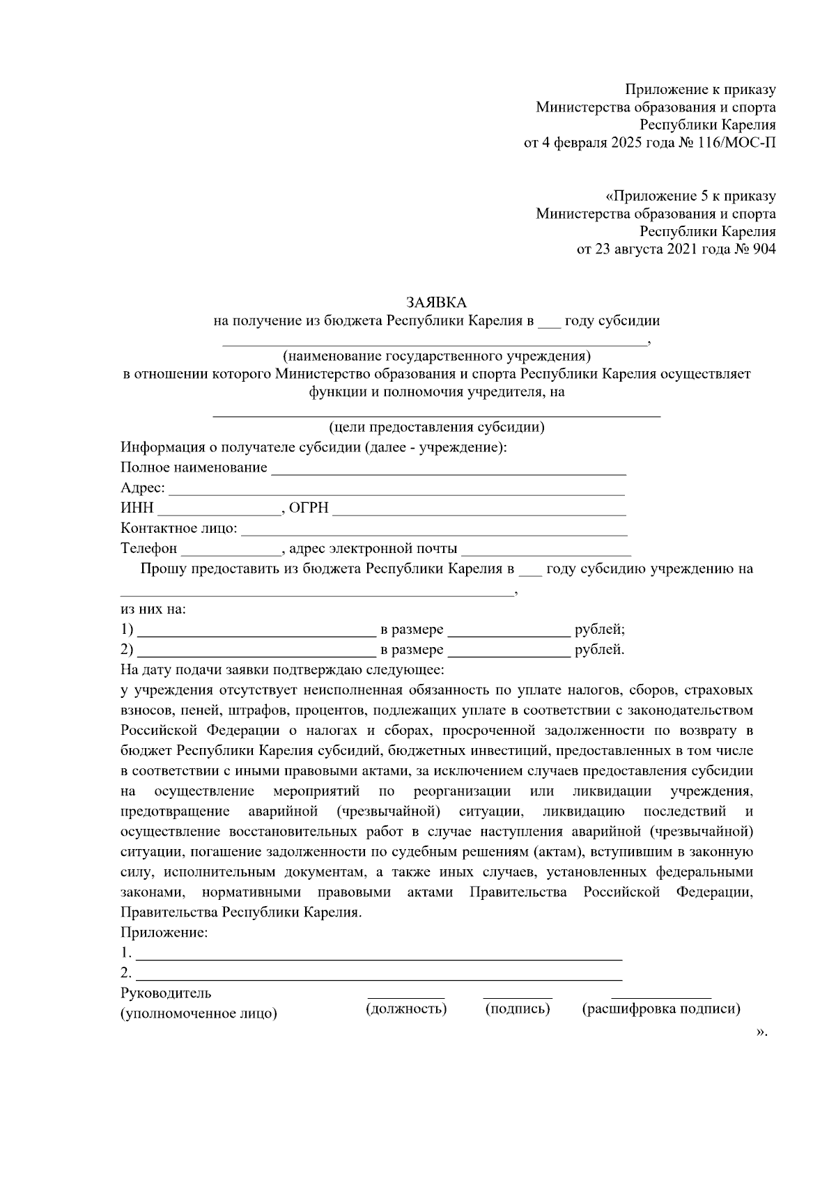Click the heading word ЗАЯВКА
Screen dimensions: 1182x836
pyautogui.click(x=436, y=302)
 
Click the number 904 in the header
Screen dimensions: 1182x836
pyautogui.click(x=764, y=249)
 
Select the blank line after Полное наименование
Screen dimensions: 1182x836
pyautogui.click(x=448, y=470)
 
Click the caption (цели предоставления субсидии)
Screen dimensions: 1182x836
pyautogui.click(x=437, y=427)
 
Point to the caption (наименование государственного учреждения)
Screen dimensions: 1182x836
pyautogui.click(x=437, y=357)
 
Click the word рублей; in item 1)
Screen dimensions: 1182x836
pyautogui.click(x=599, y=630)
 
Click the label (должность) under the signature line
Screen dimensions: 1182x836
pyautogui.click(x=406, y=1009)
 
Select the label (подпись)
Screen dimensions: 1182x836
pyautogui.click(x=518, y=1009)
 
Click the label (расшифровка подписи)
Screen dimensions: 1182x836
pyautogui.click(x=661, y=1009)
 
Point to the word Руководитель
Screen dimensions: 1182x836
pyautogui.click(x=166, y=993)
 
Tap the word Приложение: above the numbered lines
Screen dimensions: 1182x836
pyautogui.click(x=164, y=933)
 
